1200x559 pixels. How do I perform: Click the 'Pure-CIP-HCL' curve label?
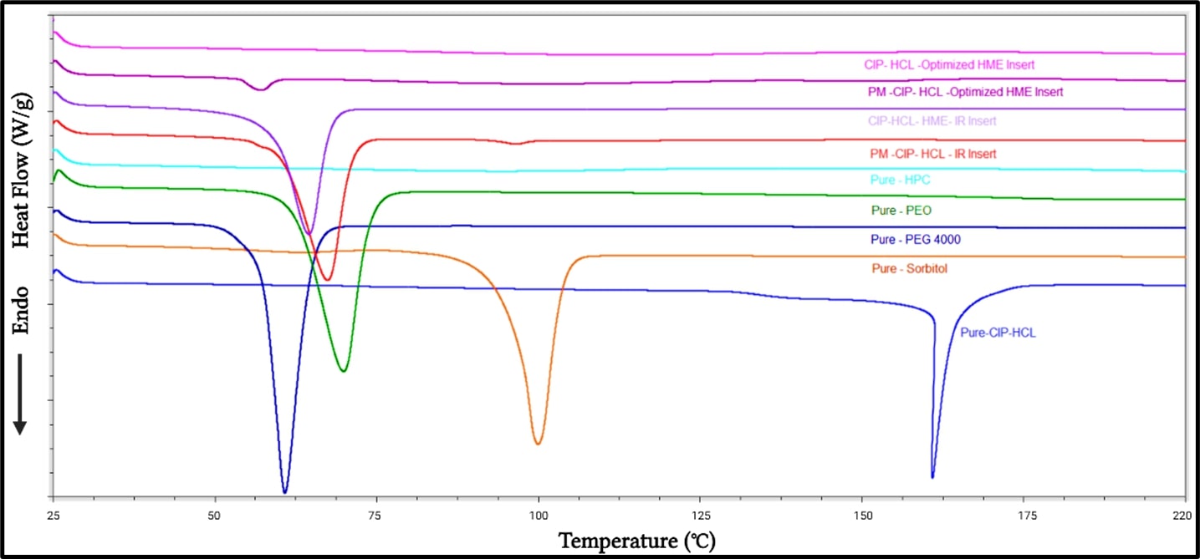coord(998,333)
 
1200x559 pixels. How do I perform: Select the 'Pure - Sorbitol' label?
coord(910,269)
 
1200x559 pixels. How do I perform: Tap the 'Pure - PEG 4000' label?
coord(915,240)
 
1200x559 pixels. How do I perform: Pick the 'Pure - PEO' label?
coord(901,211)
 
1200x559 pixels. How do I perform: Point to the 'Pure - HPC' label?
coord(901,180)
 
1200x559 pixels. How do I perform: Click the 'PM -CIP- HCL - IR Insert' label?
coord(932,154)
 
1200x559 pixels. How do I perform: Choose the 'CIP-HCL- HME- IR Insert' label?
coord(932,121)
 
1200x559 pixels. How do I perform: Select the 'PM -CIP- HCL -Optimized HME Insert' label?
coord(965,92)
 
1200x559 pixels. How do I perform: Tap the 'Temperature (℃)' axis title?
coord(637,541)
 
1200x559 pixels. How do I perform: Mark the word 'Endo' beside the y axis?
coord(21,311)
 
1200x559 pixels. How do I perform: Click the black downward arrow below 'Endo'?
coord(20,394)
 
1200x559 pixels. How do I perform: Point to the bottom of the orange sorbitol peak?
coord(538,444)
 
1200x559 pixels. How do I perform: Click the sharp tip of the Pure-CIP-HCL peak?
coord(932,477)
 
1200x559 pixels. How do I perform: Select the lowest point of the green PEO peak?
coord(343,371)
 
